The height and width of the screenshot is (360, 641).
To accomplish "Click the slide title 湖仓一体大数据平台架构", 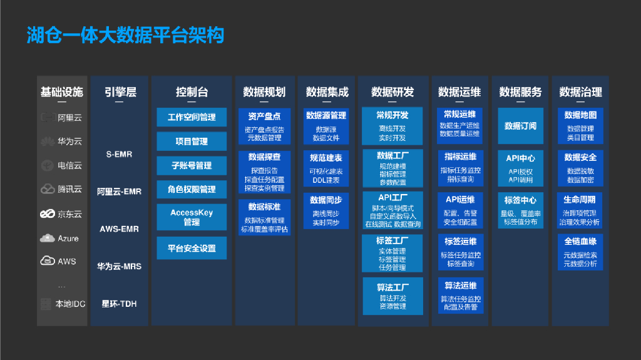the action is click(x=125, y=34).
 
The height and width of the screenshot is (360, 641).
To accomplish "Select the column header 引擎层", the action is click(x=120, y=92).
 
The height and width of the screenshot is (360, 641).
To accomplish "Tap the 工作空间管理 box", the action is click(x=192, y=117).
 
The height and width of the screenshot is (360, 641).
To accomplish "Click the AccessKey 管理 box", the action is click(x=192, y=217).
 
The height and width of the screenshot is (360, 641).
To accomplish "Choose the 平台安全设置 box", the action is click(x=192, y=249).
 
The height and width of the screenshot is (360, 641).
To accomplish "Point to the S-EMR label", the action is click(x=120, y=154).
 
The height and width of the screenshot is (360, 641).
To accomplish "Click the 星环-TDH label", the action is click(x=120, y=304).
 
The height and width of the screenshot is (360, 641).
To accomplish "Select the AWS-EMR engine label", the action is click(x=120, y=229).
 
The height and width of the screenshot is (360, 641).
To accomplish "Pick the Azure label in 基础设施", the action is click(x=68, y=239).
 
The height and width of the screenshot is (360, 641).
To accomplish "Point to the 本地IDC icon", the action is click(x=46, y=304).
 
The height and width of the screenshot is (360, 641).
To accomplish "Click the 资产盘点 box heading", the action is click(x=264, y=116).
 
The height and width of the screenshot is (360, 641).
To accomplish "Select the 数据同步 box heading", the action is click(x=326, y=200).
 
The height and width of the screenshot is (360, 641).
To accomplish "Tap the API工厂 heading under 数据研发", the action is click(x=392, y=198).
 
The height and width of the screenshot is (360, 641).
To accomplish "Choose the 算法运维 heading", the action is click(x=460, y=285).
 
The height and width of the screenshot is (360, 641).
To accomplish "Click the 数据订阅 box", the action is click(x=520, y=126).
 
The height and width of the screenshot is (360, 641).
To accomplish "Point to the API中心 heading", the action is click(x=520, y=158).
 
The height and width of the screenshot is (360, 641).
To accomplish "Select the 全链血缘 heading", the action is click(x=580, y=242).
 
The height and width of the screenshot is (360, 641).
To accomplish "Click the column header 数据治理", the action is click(x=580, y=92).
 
